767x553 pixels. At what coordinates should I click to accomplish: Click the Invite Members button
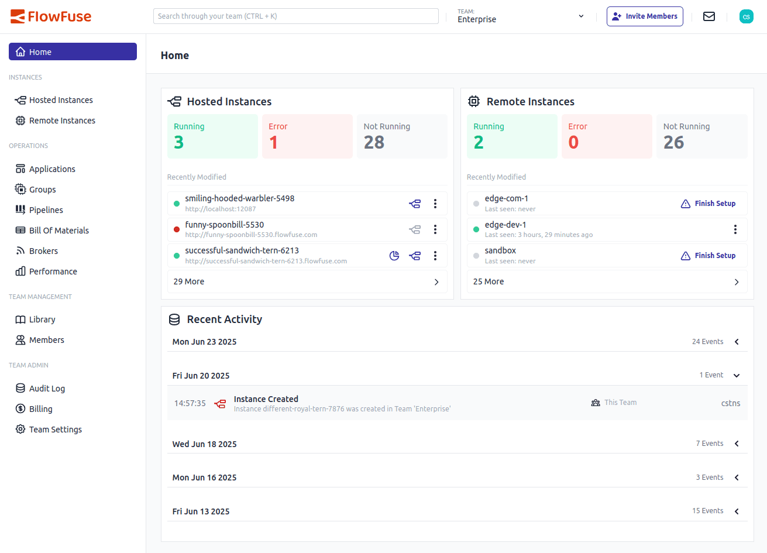pos(645,16)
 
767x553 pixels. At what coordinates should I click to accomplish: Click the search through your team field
pos(295,16)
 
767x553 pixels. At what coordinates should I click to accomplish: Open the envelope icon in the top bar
pos(709,16)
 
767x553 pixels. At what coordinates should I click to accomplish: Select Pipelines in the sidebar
pos(46,210)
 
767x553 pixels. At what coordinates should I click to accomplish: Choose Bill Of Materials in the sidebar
pos(59,231)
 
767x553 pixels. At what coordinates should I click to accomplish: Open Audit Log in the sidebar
pos(47,389)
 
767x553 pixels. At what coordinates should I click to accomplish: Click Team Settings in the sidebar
pos(55,430)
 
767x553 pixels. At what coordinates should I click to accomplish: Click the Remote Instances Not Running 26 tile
pos(701,136)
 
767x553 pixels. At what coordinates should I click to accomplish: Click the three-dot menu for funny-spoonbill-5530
pos(435,229)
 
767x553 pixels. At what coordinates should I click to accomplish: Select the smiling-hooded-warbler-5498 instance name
pos(240,198)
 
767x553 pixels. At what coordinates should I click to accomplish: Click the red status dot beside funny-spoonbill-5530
pos(177,229)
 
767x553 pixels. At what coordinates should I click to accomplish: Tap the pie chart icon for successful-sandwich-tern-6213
pos(394,256)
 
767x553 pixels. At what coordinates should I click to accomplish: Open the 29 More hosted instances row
pos(307,281)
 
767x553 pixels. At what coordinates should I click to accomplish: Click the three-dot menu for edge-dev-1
pos(735,229)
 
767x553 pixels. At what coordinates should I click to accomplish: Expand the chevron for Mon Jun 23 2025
pos(737,342)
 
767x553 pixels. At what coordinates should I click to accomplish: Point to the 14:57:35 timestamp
pos(190,403)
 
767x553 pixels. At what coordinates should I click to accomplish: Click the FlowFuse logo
pos(51,16)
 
